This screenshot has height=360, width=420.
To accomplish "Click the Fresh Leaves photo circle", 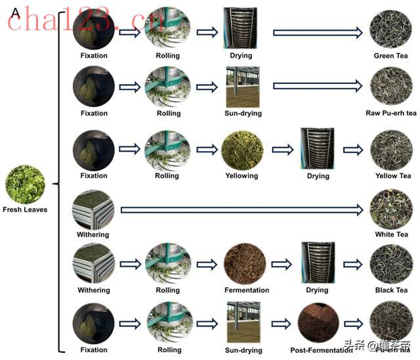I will pos(25,185).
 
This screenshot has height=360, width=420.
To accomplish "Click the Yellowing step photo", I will pos(241,150).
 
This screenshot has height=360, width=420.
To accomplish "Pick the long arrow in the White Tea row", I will pos(241,210).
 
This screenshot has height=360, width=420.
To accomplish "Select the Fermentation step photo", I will pos(245,264).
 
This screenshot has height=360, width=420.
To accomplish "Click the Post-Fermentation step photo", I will pos(318,324).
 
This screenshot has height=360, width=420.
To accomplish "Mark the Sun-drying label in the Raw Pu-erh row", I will pos(242,113).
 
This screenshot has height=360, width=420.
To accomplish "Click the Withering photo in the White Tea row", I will pos(93,210).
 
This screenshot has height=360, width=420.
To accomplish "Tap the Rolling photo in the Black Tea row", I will pos(168,264).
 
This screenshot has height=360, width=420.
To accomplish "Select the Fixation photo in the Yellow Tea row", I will pos(94,149).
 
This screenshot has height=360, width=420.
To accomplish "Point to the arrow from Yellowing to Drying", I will pos(282,149).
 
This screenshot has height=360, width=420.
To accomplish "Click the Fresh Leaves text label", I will pos(25,210).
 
